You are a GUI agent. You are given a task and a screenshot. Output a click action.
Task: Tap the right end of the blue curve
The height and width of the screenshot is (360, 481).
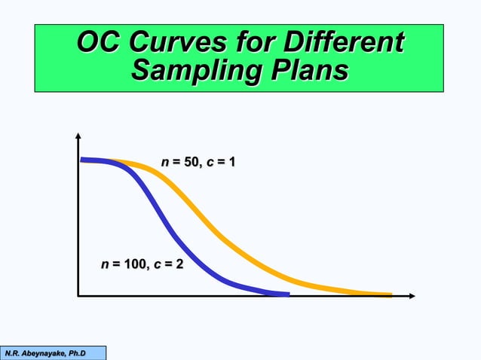click(x=287, y=294)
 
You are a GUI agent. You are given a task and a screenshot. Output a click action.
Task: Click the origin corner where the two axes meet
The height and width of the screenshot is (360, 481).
click(x=78, y=295)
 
